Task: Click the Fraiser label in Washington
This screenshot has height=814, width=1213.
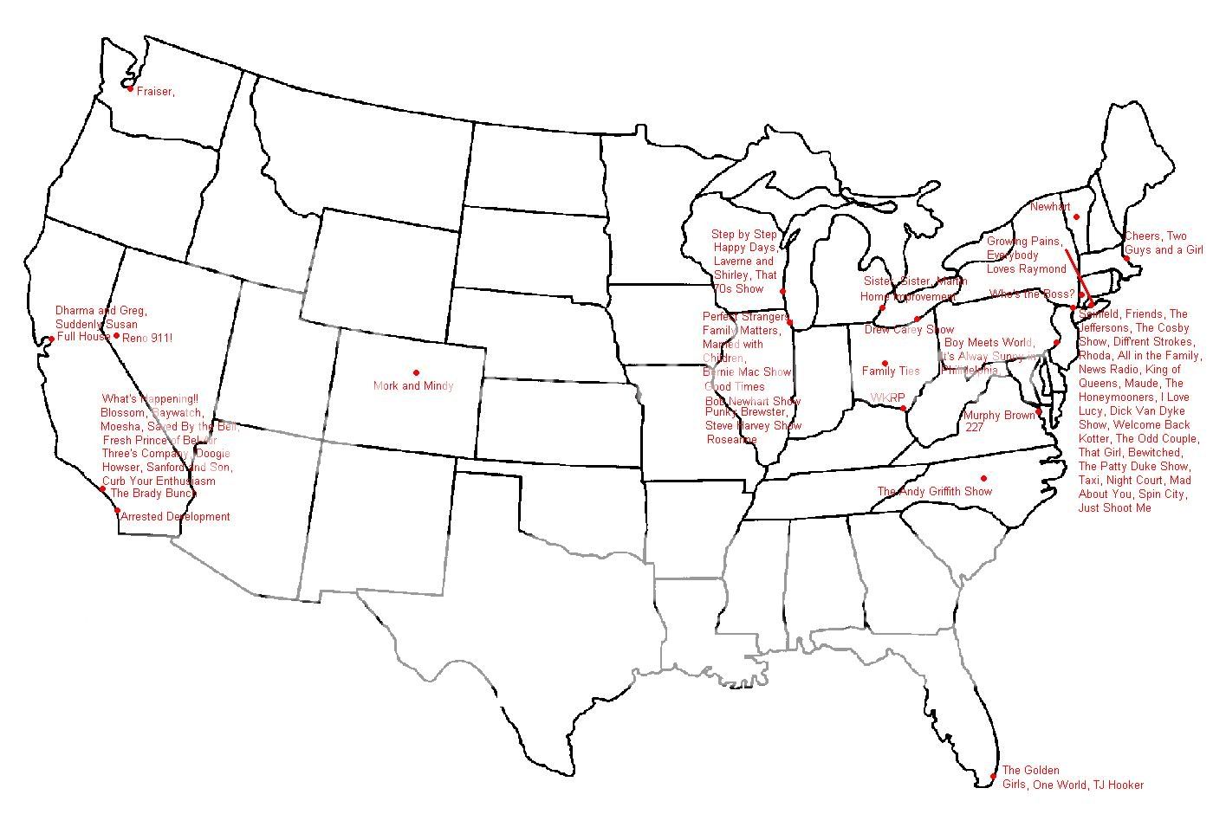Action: (x=155, y=92)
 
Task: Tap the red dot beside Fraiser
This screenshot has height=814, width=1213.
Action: (x=130, y=88)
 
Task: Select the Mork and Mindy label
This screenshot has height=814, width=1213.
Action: (x=413, y=386)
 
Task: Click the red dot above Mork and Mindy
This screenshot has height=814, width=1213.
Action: (x=416, y=372)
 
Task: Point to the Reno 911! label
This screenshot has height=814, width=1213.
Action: (x=147, y=337)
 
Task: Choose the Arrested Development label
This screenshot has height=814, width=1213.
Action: (x=176, y=517)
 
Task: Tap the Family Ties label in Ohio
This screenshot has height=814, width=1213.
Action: (x=891, y=371)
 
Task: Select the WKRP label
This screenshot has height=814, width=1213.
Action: (x=887, y=398)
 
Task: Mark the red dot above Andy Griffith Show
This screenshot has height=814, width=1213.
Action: (x=983, y=478)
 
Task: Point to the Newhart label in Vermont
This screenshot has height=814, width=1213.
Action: (x=1050, y=207)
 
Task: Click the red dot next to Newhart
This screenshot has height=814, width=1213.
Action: (x=1075, y=216)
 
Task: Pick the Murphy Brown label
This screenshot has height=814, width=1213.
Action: (x=999, y=416)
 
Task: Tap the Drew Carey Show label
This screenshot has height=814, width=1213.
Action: (x=909, y=330)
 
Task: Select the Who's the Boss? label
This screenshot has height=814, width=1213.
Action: (x=1031, y=294)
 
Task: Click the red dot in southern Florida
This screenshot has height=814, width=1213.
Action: (x=993, y=776)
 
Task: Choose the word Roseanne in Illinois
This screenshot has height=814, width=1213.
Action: (x=732, y=440)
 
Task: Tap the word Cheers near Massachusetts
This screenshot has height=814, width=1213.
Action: (x=1143, y=236)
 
